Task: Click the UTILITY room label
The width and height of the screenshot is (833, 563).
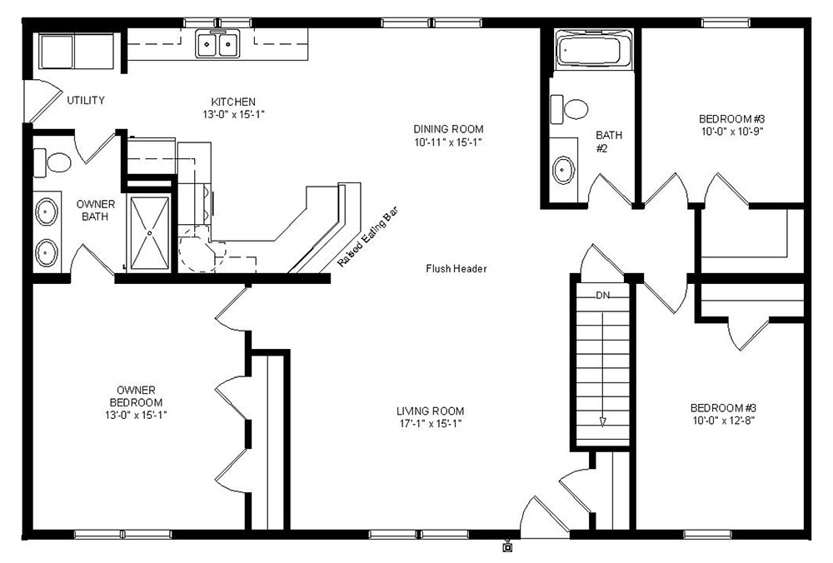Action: (x=86, y=100)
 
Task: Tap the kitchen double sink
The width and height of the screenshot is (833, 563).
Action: (x=217, y=43)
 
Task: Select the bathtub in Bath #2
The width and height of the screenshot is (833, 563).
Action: (x=594, y=49)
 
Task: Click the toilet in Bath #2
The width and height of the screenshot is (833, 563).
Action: (x=569, y=109)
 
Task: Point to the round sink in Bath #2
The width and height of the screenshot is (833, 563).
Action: (x=563, y=170)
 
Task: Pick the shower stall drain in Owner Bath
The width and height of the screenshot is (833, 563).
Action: (x=150, y=232)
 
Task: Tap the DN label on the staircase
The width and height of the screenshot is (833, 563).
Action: (x=602, y=296)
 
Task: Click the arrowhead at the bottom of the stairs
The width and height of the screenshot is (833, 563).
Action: (x=602, y=421)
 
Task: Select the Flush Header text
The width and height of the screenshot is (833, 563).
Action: (x=456, y=269)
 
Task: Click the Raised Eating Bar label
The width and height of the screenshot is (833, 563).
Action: (x=367, y=237)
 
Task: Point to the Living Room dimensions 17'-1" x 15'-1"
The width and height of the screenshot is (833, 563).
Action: (x=431, y=424)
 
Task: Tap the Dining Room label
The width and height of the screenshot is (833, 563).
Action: (x=448, y=129)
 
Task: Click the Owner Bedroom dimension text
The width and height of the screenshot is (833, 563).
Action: (x=136, y=416)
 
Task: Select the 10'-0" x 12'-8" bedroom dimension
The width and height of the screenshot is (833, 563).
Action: (x=724, y=421)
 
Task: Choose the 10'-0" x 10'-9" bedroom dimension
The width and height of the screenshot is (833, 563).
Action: (x=732, y=132)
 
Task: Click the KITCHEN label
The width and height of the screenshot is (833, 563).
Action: (x=233, y=102)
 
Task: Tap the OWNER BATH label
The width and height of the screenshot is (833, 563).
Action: (x=96, y=211)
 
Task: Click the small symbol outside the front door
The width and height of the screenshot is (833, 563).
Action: (x=507, y=547)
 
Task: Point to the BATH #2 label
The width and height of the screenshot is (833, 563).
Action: (x=608, y=142)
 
